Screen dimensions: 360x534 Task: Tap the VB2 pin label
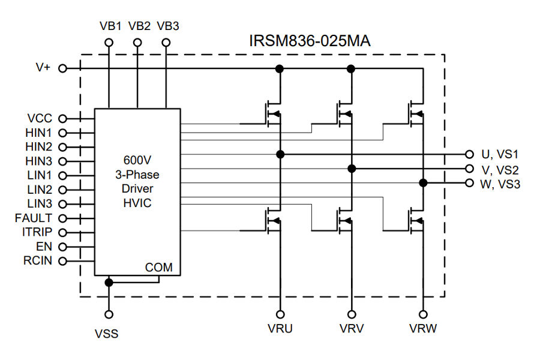click(139, 26)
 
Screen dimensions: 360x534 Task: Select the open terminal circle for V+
click(62, 68)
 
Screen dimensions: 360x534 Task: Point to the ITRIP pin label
click(38, 232)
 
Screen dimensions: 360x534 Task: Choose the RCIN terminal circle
click(62, 261)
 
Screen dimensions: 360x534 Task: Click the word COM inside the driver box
click(158, 268)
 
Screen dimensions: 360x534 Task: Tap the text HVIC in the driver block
click(137, 203)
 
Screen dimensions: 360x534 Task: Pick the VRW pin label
click(423, 329)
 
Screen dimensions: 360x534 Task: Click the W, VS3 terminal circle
click(469, 183)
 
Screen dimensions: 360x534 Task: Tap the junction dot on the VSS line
click(109, 282)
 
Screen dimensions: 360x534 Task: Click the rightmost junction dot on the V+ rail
click(352, 69)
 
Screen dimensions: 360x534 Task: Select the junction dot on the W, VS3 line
click(423, 183)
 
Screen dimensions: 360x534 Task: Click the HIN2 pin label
click(39, 146)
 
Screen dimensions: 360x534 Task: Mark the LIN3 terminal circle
click(62, 203)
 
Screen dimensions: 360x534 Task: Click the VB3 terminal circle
click(166, 43)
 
